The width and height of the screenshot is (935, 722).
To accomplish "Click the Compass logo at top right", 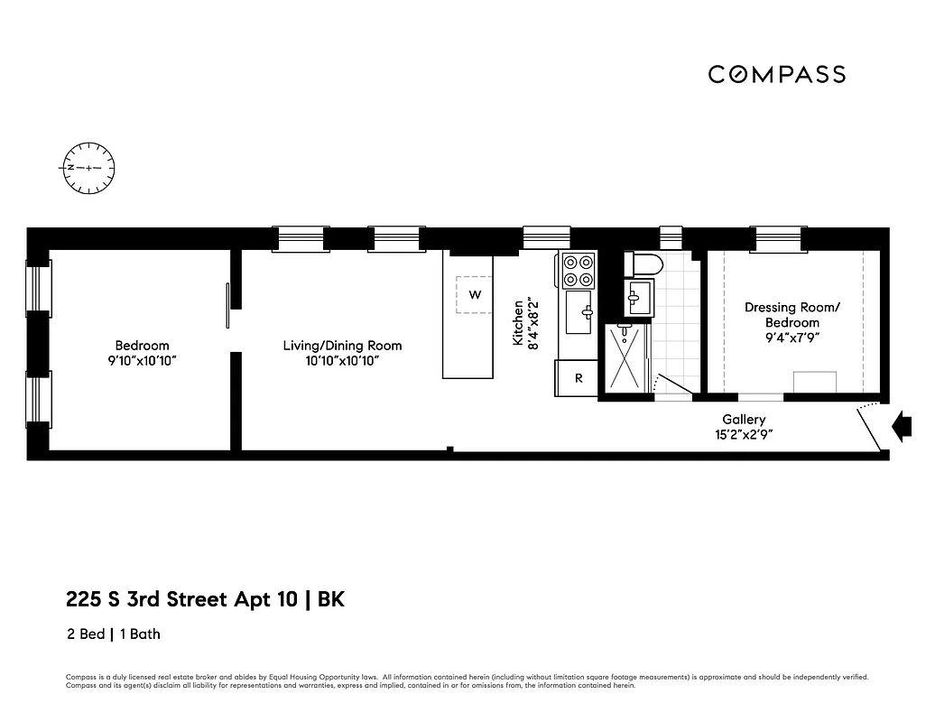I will coord(776,74).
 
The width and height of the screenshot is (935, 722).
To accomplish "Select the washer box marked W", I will coord(474,295).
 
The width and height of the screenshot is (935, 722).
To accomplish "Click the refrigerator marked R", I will coord(578,378).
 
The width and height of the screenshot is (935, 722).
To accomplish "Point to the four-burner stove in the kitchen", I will coord(578,269).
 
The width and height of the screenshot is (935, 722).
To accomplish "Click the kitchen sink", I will coord(578,311).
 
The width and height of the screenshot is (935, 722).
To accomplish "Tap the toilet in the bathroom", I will coord(643,264).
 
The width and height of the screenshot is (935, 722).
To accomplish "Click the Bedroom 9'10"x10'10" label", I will coord(142,353).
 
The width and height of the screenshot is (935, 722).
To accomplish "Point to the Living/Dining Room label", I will coord(342,353).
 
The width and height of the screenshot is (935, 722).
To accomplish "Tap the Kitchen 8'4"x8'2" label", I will coord(524,322).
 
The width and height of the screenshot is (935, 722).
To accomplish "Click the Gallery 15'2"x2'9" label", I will coord(744,426).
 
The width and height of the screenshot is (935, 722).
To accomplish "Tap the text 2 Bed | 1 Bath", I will coord(114,634).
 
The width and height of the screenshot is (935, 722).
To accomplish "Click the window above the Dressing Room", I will coord(778,238).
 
